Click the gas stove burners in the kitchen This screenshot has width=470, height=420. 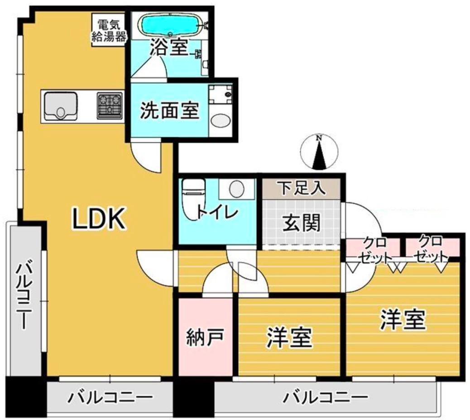(109, 105)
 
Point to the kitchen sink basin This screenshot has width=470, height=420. (60, 105)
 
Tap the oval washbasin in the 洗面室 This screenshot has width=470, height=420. (221, 121)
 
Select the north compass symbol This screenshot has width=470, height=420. (320, 152)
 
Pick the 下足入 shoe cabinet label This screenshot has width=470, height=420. (302, 188)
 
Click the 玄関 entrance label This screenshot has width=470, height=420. (302, 222)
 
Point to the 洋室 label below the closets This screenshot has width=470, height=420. (403, 320)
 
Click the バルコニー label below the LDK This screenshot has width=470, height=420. (110, 399)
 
